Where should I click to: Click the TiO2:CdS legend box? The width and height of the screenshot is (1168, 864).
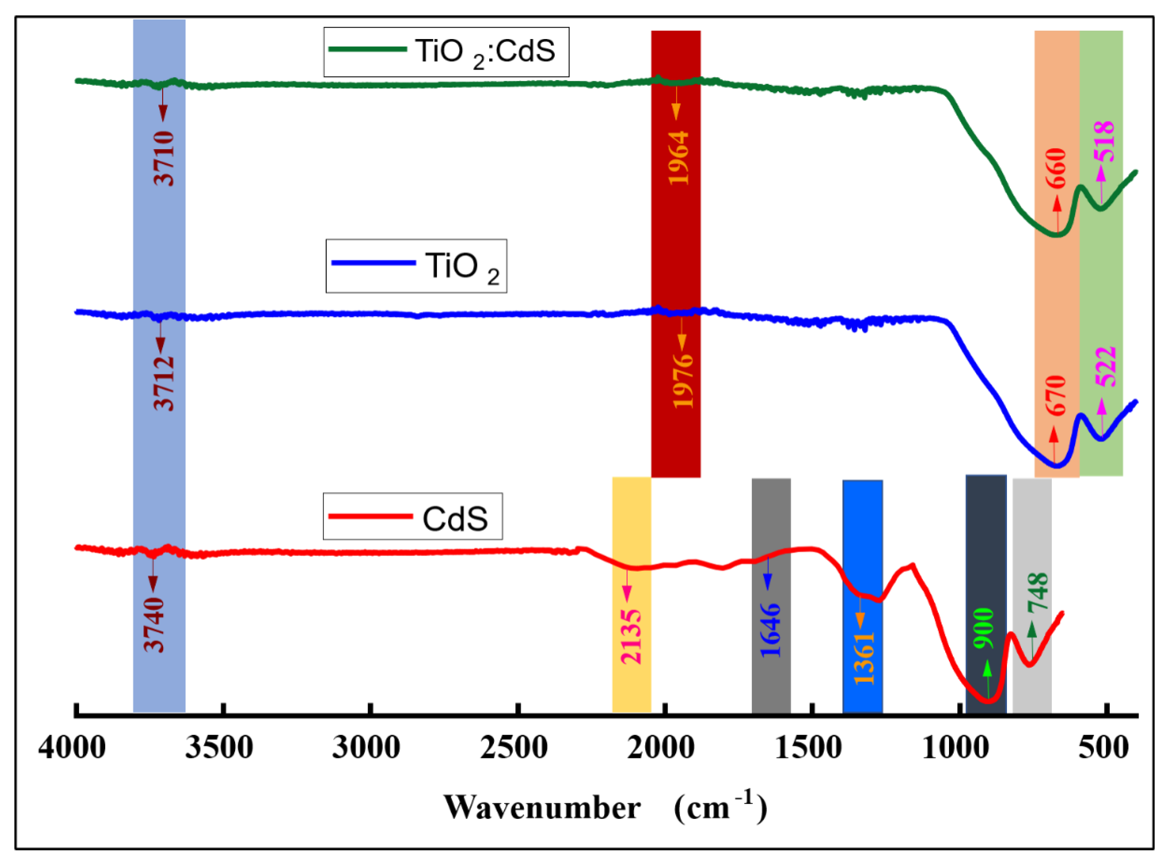(446, 52)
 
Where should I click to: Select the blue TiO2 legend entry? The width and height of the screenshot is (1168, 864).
(416, 266)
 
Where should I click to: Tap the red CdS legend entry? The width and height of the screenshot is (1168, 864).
(412, 516)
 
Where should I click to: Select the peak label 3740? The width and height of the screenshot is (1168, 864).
(154, 625)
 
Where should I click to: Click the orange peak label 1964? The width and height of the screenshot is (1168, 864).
(679, 158)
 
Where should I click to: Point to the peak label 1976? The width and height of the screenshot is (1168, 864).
(683, 381)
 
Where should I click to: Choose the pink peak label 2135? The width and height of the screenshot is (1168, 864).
(631, 637)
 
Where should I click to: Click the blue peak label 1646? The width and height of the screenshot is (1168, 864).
(771, 630)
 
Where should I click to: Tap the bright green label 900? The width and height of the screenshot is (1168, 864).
(984, 629)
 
